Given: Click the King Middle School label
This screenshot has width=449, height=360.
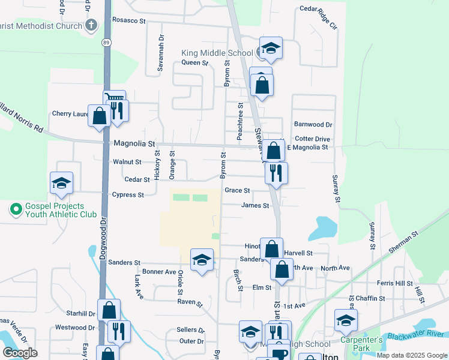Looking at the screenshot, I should pos(217,53).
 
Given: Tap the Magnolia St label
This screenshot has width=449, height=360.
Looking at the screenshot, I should pos(134,144).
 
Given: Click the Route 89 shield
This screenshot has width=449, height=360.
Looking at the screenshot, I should pos(106,43).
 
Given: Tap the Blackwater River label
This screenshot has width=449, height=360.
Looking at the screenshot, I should pos(417,335).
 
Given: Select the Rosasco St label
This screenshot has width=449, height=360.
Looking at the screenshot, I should pos(129,20).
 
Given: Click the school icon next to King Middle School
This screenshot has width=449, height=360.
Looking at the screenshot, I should pos(271,49).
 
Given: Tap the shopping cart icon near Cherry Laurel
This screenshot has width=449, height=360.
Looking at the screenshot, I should pos(113,98).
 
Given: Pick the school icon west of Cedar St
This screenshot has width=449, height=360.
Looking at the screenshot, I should pos(61,182).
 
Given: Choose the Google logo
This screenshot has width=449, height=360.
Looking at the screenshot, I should pos(20,353).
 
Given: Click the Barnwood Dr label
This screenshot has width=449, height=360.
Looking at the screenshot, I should pos(313,124).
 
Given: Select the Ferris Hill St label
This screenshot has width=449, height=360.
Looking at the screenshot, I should pos(394,283).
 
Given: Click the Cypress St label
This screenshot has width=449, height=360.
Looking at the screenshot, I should pos(128,195).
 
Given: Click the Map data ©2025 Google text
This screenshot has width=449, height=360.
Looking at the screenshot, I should pos(412,355).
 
